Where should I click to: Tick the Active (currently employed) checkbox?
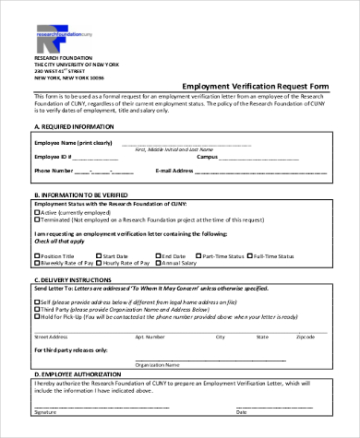(38, 212)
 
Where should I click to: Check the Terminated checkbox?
(38, 219)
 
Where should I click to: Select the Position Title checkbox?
(38, 255)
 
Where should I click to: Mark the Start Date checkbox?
(99, 255)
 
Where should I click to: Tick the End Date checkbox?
(158, 255)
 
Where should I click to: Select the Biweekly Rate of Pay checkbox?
(38, 263)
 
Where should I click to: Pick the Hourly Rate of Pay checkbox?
(99, 263)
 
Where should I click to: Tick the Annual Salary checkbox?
(158, 263)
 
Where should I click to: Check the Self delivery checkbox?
(38, 302)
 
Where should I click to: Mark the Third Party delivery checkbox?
(38, 309)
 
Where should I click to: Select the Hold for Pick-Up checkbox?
(38, 316)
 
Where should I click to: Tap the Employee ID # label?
(54, 157)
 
